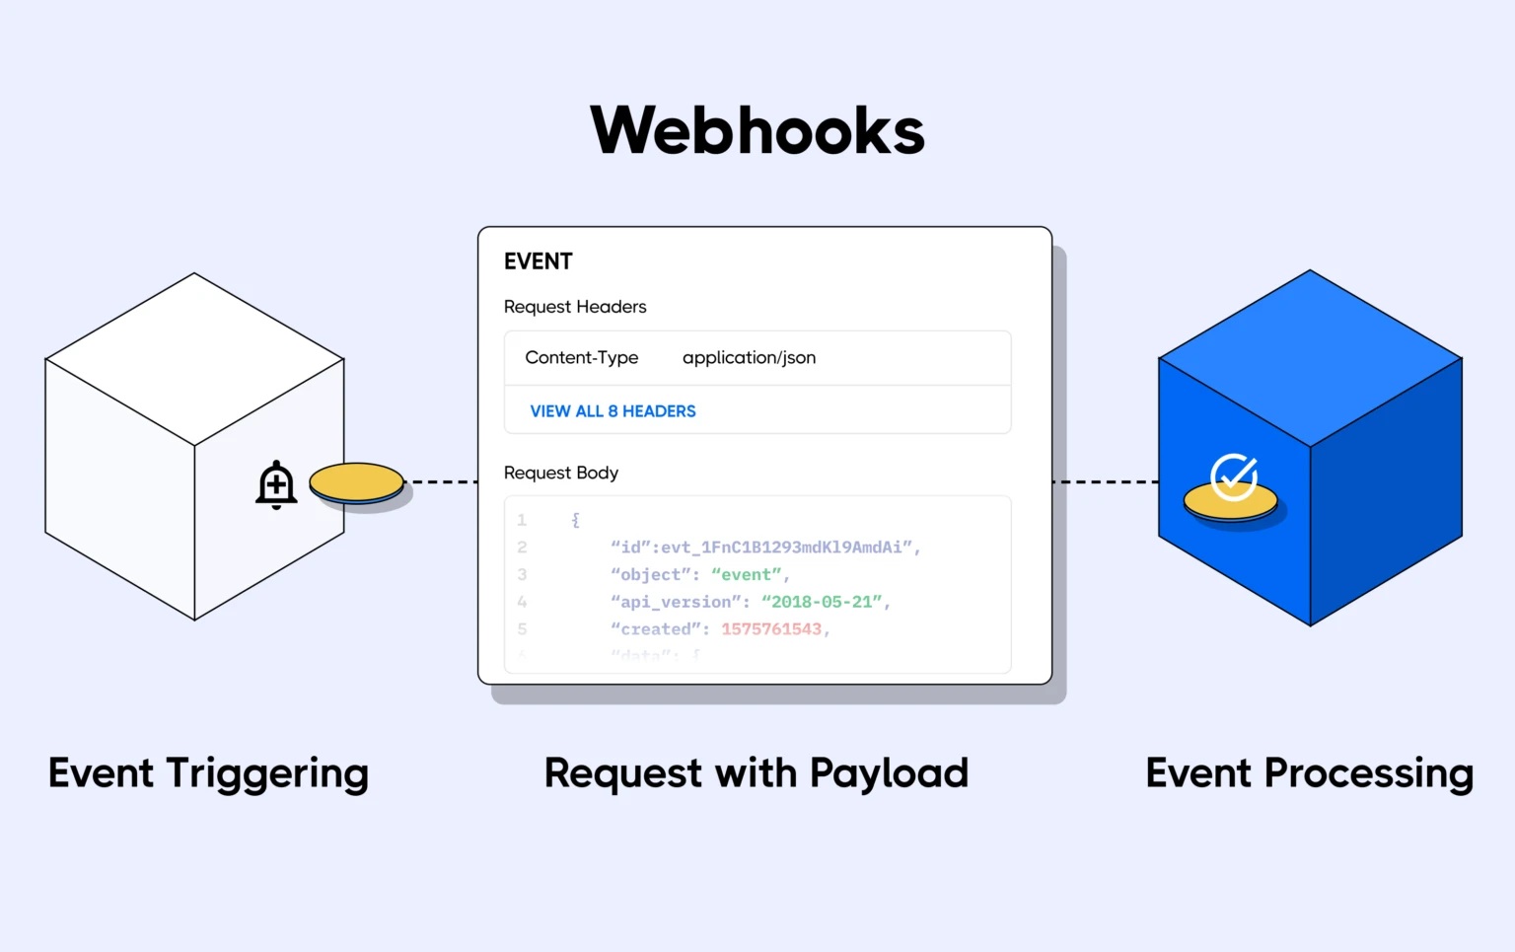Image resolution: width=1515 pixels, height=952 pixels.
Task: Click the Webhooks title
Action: [x=757, y=131]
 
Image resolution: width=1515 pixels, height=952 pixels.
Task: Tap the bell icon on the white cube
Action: [x=276, y=484]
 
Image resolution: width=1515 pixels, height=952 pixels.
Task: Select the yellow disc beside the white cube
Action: [x=356, y=483]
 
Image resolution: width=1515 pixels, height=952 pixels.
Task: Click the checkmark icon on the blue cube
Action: [x=1233, y=477]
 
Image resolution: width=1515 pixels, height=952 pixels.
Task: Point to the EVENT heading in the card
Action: [x=538, y=261]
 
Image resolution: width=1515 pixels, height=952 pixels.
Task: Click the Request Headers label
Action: [x=575, y=307]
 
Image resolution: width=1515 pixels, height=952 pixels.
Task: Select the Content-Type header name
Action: [x=581, y=357]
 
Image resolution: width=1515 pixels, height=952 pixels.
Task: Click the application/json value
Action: [x=749, y=357]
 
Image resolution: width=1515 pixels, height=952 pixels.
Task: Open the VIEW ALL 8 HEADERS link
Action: [x=613, y=411]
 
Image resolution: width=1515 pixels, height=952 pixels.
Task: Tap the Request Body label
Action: [x=560, y=473]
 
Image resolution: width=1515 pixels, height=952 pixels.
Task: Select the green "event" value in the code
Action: [x=747, y=574]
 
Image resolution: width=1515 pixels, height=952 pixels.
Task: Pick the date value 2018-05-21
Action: [x=822, y=602]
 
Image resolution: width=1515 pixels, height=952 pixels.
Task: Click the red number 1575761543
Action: [x=770, y=629]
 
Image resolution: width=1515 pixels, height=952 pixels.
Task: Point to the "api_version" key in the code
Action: [x=675, y=602]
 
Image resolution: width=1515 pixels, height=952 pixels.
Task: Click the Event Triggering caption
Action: [x=208, y=773]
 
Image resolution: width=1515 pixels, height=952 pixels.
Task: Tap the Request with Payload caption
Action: [x=756, y=773]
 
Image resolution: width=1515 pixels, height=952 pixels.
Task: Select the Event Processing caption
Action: [x=1309, y=773]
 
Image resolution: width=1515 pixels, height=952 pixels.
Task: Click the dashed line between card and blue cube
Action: [x=1105, y=482]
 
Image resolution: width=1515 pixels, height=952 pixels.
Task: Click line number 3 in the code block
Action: [x=522, y=574]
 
